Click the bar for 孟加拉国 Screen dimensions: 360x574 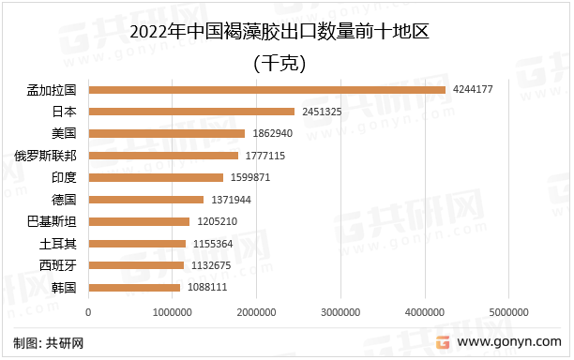266,90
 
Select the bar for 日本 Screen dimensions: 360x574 191,112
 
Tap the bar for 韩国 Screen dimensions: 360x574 134,287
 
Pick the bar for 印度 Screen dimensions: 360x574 156,177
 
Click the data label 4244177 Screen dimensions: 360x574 473,89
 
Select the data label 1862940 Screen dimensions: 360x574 273,133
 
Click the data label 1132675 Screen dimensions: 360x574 211,265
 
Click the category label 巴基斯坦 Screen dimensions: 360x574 49,221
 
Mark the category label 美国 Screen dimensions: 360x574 64,133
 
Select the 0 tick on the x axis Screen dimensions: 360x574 88,311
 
